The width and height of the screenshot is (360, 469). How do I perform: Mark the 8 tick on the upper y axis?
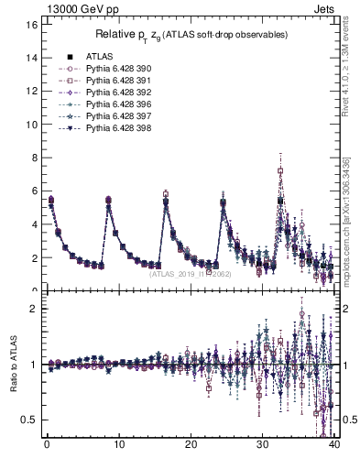[33, 158]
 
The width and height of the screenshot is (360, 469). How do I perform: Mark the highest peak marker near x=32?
[280, 171]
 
